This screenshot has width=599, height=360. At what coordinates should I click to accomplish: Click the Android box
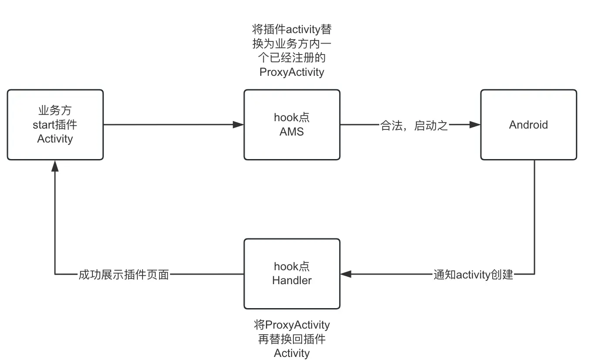pyautogui.click(x=528, y=125)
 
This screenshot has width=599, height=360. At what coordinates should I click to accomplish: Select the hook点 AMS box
pyautogui.click(x=292, y=125)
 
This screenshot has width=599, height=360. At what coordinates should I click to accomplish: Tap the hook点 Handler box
pyautogui.click(x=292, y=274)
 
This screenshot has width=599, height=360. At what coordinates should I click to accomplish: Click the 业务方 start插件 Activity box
pyautogui.click(x=55, y=125)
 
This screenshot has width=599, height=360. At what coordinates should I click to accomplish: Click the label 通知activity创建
pyautogui.click(x=473, y=275)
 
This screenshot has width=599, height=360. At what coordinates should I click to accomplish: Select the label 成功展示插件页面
pyautogui.click(x=123, y=275)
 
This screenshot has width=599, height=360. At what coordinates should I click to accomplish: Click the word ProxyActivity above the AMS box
pyautogui.click(x=292, y=72)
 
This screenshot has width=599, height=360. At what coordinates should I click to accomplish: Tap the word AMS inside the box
pyautogui.click(x=292, y=132)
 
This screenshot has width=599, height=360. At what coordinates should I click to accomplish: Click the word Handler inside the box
pyautogui.click(x=292, y=281)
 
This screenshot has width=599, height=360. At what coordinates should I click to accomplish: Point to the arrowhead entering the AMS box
pyautogui.click(x=238, y=125)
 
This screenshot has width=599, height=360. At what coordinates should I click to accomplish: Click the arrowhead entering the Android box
pyautogui.click(x=475, y=125)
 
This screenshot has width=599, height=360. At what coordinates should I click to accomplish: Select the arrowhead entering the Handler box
pyautogui.click(x=346, y=274)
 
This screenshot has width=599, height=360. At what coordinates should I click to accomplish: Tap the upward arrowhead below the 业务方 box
pyautogui.click(x=55, y=166)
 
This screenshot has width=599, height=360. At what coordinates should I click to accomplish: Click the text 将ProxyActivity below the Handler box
pyautogui.click(x=292, y=325)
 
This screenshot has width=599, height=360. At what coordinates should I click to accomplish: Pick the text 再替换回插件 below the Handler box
pyautogui.click(x=292, y=339)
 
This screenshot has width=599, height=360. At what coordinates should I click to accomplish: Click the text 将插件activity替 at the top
pyautogui.click(x=292, y=30)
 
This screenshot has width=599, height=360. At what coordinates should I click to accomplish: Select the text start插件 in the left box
pyautogui.click(x=55, y=125)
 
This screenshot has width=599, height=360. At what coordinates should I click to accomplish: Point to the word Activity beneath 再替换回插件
pyautogui.click(x=292, y=353)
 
